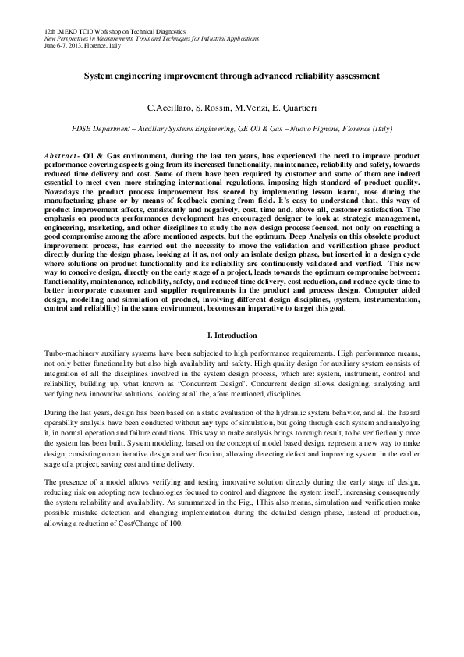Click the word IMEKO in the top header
coord(58,30)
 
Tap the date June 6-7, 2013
coord(51,46)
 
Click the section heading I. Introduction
coord(232,336)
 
